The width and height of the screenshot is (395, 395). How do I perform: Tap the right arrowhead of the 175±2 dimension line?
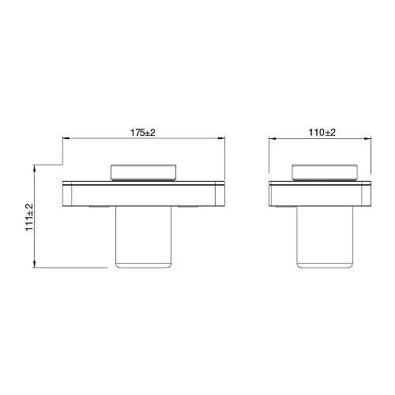click(x=223, y=140)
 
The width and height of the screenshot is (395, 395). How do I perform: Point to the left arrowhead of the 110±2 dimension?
click(x=272, y=140)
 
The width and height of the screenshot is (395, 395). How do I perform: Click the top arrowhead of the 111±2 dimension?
click(x=36, y=167)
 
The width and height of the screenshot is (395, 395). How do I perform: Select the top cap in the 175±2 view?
click(x=144, y=171)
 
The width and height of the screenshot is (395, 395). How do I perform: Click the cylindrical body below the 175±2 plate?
click(x=144, y=237)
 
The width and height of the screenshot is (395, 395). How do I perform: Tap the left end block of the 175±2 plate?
click(x=68, y=194)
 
